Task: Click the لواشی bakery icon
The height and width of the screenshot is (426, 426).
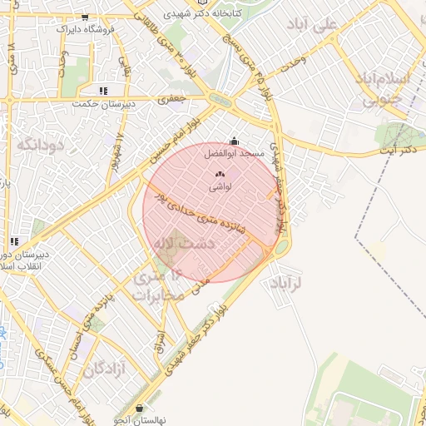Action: pos(220,174)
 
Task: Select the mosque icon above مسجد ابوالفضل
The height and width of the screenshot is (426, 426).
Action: pos(234,141)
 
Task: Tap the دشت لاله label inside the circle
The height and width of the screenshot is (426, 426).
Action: pos(183,242)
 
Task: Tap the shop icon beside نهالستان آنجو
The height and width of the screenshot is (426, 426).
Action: pos(138,408)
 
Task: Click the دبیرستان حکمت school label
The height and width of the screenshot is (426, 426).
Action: pos(97,104)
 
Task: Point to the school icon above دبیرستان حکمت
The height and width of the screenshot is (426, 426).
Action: pos(103,91)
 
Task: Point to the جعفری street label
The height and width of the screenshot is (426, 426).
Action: pos(175,98)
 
